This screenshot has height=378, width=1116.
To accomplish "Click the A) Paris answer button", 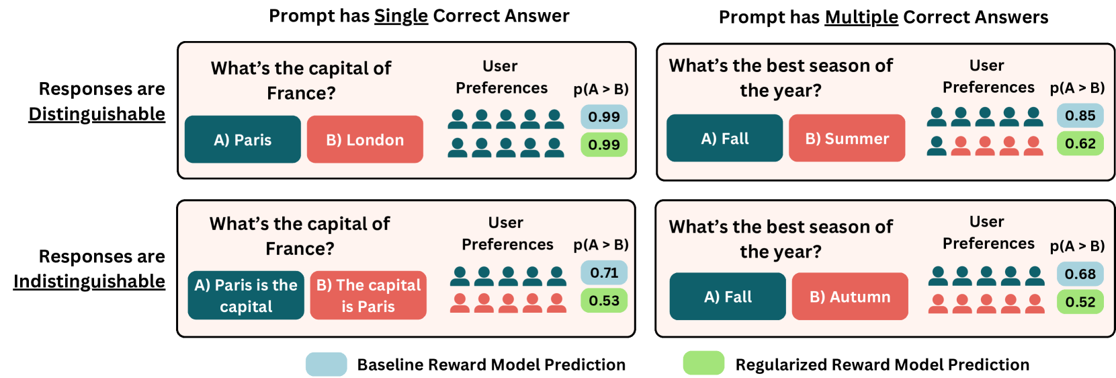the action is (x=243, y=139).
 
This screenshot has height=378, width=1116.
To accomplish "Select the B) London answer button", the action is (x=365, y=139).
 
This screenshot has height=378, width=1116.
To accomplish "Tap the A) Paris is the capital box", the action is (x=246, y=295).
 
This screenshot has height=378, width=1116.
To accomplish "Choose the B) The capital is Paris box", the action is (x=368, y=295).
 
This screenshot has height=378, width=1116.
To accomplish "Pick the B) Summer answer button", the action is (x=847, y=138).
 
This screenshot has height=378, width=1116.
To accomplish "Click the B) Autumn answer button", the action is (x=850, y=296).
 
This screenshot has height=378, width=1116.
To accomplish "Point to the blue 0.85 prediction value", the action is (x=1080, y=116).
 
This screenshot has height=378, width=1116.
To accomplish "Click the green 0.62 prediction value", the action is (x=1080, y=144).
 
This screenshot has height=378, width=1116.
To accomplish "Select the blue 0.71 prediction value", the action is (x=604, y=273).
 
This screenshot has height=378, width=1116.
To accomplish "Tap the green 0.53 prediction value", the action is (x=604, y=301).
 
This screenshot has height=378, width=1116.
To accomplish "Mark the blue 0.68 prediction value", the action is (x=1080, y=274).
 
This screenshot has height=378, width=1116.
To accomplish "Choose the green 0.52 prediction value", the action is (x=1080, y=302).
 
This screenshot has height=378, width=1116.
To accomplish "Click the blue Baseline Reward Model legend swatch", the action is (x=327, y=364).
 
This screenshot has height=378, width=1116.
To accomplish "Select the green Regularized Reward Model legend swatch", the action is (x=703, y=363).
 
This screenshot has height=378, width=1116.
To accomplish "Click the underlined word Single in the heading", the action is (x=401, y=16).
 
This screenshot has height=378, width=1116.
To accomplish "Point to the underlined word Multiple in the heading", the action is (x=861, y=17).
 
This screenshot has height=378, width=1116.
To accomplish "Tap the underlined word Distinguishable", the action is (x=97, y=114).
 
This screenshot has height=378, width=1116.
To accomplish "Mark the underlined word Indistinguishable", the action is (x=89, y=282).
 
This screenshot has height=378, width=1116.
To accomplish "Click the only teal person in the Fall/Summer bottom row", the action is (x=937, y=145).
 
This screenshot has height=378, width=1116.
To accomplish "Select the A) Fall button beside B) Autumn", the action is (x=728, y=296).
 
